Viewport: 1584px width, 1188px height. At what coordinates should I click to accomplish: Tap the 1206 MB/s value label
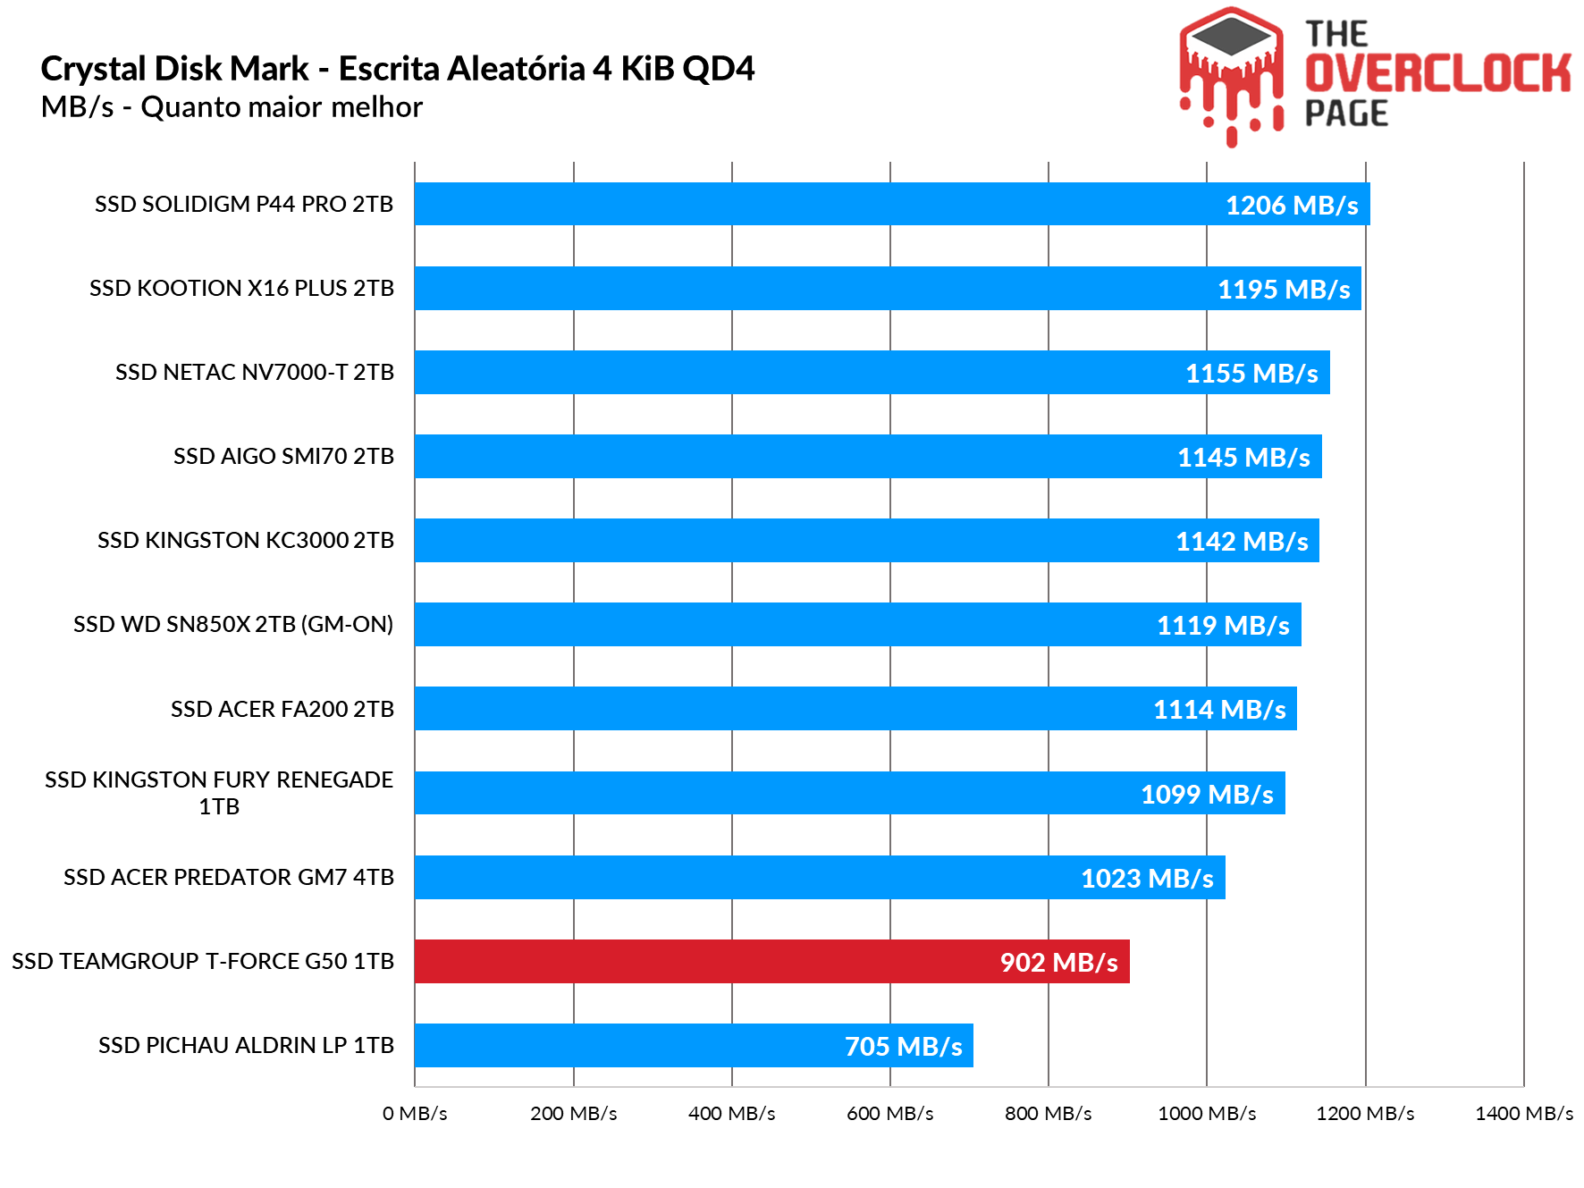coord(1292,206)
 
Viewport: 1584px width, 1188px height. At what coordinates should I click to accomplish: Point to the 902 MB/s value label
coord(1058,963)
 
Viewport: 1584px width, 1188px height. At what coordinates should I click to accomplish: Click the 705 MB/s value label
coord(903,1047)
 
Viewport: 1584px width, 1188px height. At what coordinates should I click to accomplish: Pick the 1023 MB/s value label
coord(1147,879)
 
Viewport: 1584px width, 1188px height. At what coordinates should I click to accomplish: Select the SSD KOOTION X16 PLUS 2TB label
coord(241,289)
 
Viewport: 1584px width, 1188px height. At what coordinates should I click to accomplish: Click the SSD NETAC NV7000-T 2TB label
coord(255,373)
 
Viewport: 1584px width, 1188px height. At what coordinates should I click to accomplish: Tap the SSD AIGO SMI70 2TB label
coord(283,457)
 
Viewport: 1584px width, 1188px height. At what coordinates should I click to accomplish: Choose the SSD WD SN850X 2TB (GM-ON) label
coord(233,625)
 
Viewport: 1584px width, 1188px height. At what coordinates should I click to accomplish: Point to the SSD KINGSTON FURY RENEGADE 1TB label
coord(219,793)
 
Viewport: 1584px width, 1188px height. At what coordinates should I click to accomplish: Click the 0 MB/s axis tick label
coord(415,1114)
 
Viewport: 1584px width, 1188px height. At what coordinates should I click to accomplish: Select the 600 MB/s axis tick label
coord(889,1114)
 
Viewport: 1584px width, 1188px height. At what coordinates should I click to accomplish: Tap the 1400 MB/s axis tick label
coord(1523,1114)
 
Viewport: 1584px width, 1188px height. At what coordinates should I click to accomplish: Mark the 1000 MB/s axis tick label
coord(1207,1114)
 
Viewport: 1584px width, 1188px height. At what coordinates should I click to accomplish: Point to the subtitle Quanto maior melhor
coord(282,107)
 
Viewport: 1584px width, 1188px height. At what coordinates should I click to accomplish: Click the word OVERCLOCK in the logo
coord(1437,73)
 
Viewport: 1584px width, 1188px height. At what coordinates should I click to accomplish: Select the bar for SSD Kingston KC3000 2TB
coord(865,541)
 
